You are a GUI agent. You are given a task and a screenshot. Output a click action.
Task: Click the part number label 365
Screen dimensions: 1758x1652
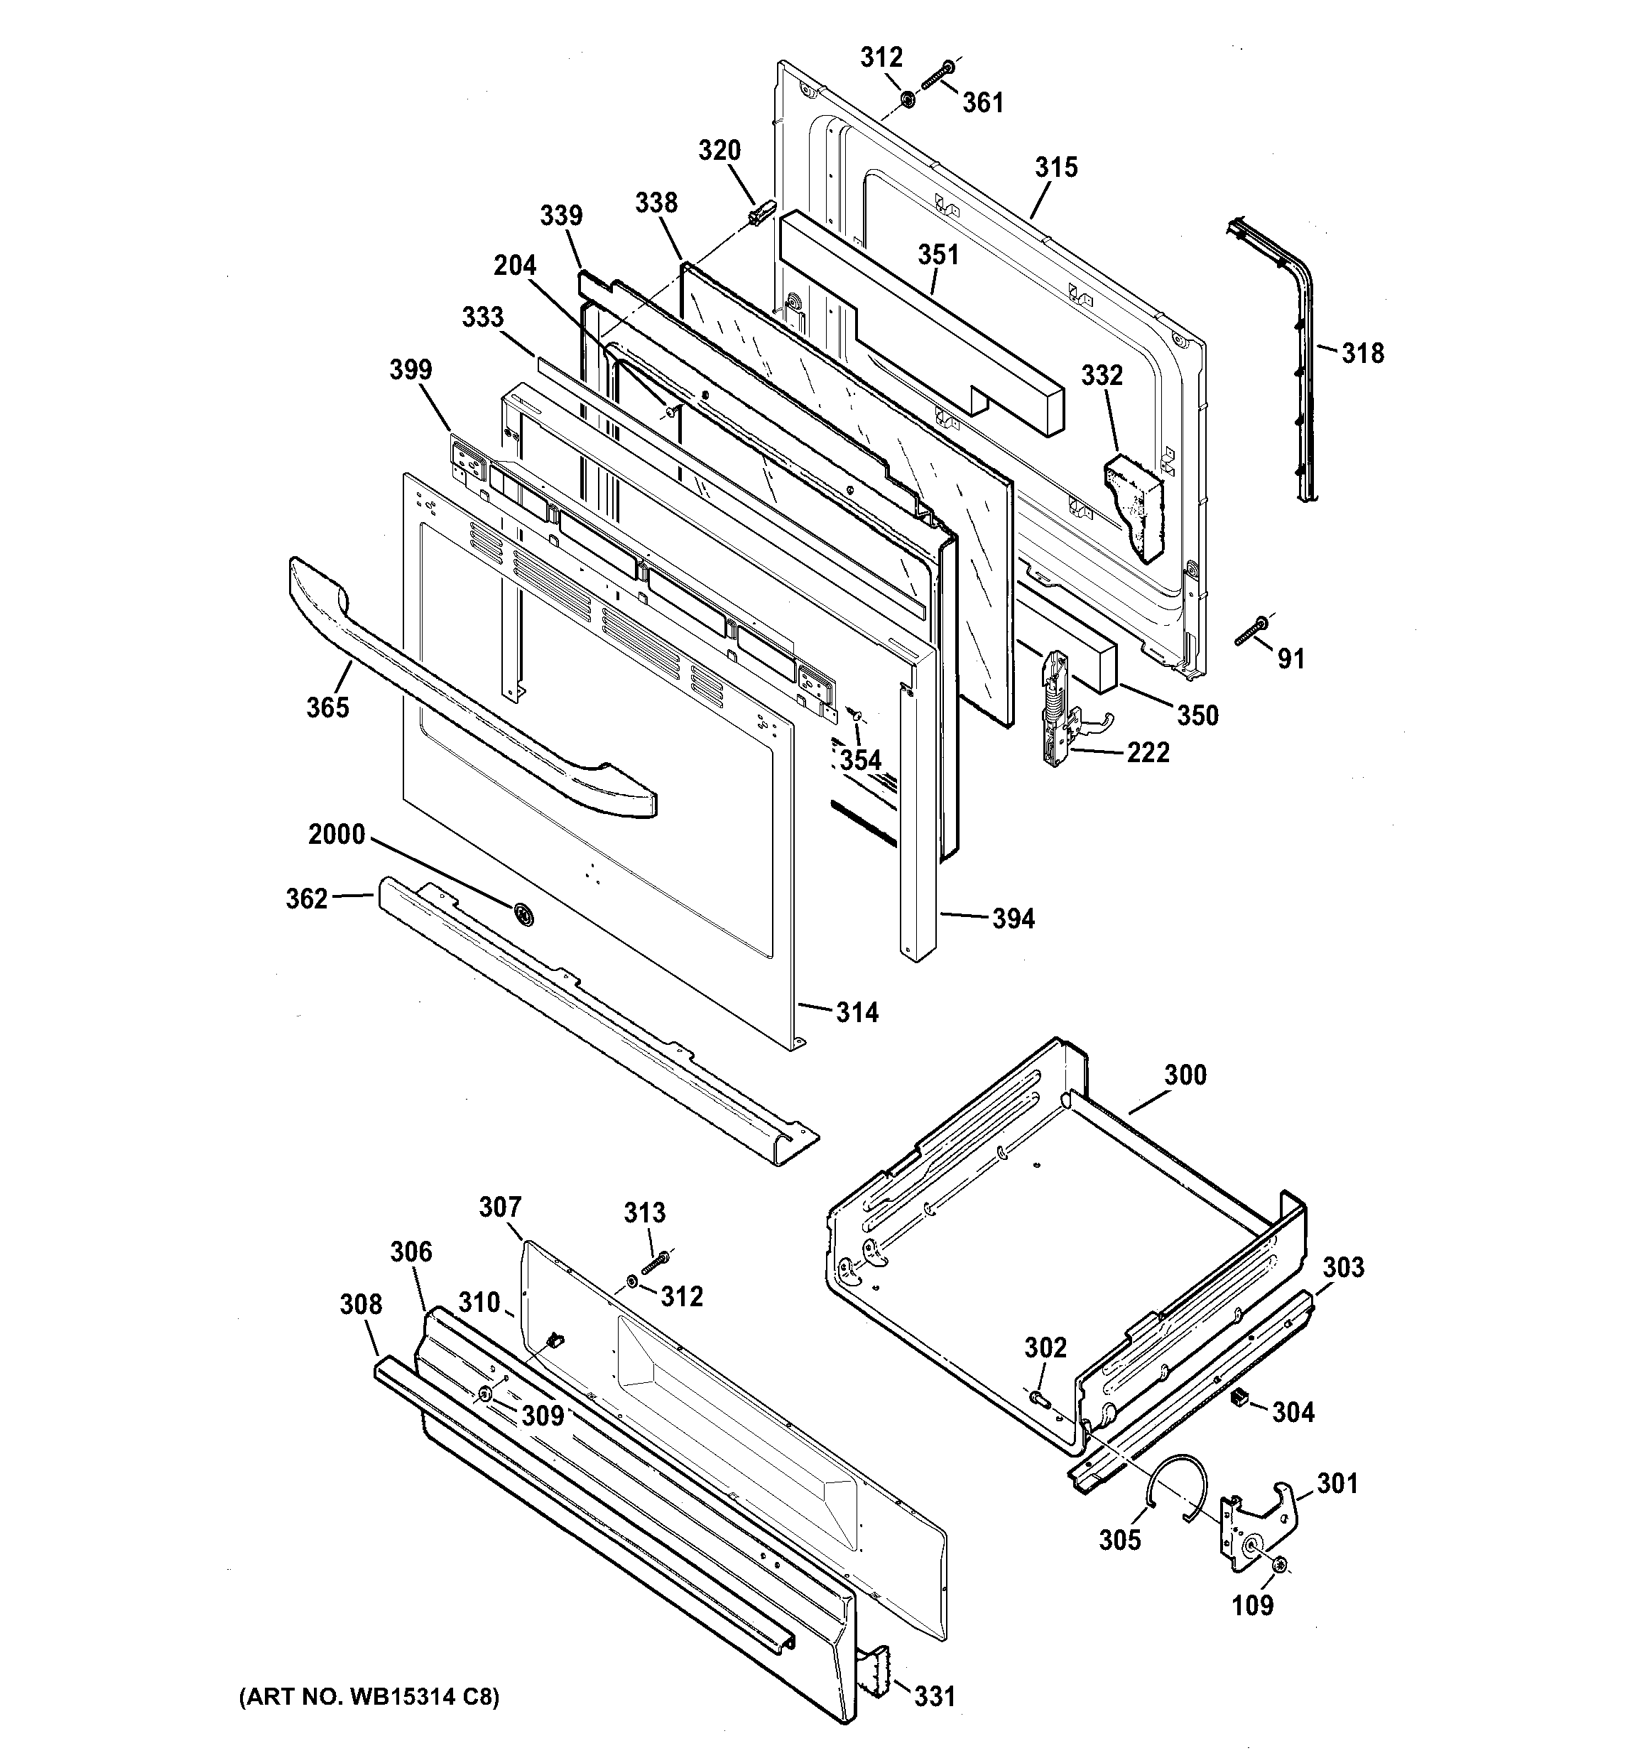327,707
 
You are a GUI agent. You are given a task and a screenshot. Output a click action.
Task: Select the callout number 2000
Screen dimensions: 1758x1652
336,834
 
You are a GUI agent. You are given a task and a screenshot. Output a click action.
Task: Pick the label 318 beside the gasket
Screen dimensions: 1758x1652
1363,354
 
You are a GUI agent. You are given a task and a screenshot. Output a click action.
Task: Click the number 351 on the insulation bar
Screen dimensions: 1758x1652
938,255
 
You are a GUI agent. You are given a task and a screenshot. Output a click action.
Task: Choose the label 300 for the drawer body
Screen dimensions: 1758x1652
1185,1075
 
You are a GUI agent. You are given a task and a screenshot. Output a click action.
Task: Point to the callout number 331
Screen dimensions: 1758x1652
934,1696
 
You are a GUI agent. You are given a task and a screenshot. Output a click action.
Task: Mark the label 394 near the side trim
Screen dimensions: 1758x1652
1013,919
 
